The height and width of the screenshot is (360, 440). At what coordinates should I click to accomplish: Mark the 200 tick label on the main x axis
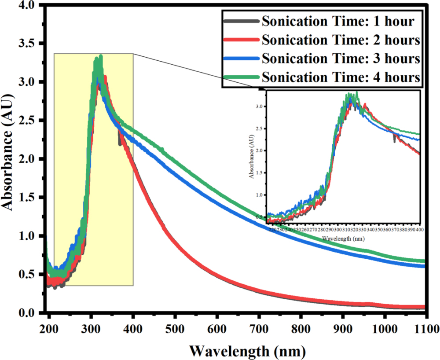click(x=49, y=328)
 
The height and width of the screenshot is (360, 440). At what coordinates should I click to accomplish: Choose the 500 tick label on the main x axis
click(x=175, y=328)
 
